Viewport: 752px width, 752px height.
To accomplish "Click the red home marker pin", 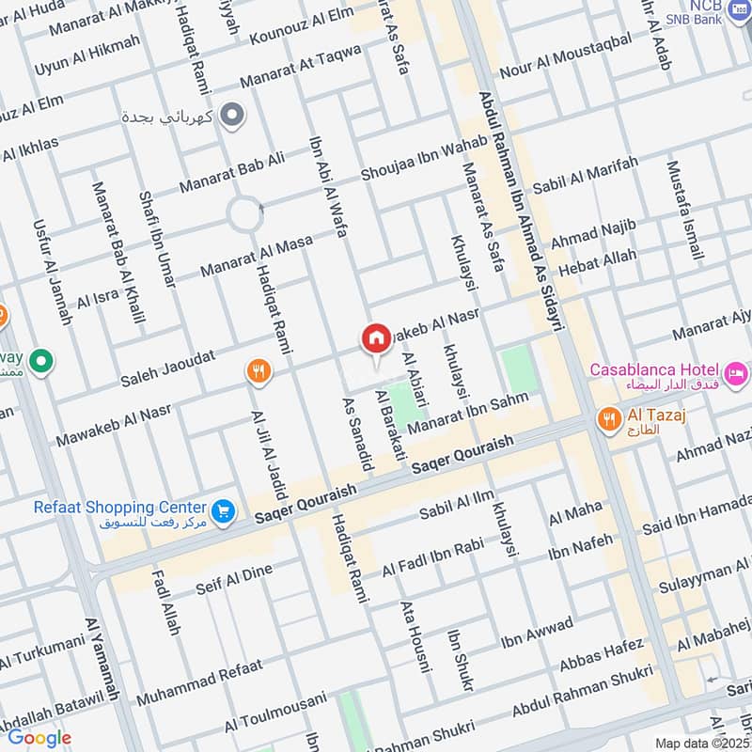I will tap(376, 339).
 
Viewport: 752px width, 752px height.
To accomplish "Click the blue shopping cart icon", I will tap(223, 511).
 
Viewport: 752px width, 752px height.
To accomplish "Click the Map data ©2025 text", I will tap(701, 743).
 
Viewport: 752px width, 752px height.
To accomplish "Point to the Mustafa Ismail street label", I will tap(683, 211).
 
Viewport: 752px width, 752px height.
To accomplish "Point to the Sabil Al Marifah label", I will tap(586, 176).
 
